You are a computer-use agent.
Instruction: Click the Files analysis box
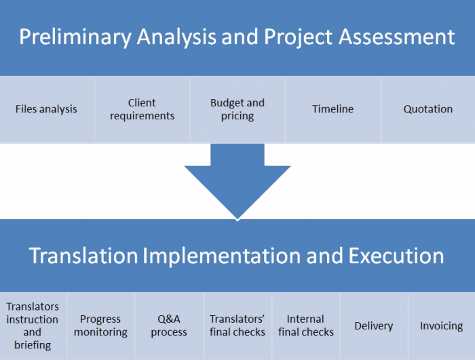pyautogui.click(x=46, y=109)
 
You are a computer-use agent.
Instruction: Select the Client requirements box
pyautogui.click(x=142, y=109)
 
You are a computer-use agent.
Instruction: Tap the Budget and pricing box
pyautogui.click(x=237, y=109)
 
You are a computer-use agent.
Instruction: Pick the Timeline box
pyautogui.click(x=332, y=109)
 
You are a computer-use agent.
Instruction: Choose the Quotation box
pyautogui.click(x=427, y=109)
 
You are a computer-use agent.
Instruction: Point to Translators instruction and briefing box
pyautogui.click(x=33, y=326)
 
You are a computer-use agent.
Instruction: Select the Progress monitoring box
pyautogui.click(x=100, y=326)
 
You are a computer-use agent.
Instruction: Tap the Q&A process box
pyautogui.click(x=169, y=326)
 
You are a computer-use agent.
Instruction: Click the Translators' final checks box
pyautogui.click(x=237, y=326)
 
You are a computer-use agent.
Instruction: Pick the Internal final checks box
pyautogui.click(x=306, y=326)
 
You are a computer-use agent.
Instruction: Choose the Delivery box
pyautogui.click(x=373, y=326)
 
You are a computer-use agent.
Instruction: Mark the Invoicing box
pyautogui.click(x=441, y=326)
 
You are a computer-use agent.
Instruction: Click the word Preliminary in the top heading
pyautogui.click(x=75, y=37)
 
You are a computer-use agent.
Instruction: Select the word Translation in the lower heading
pyautogui.click(x=83, y=256)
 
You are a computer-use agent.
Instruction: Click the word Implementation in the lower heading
pyautogui.click(x=220, y=256)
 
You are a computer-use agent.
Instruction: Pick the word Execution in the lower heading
pyautogui.click(x=396, y=256)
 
